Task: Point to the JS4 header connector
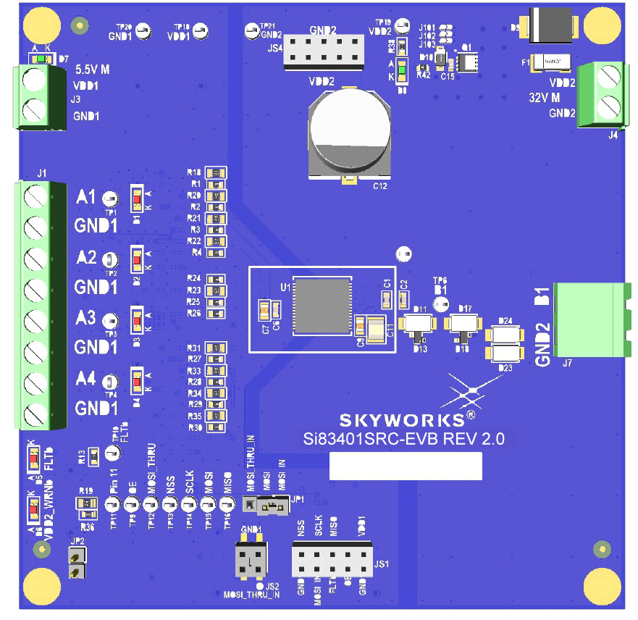click(322, 50)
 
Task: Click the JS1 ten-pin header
click(332, 559)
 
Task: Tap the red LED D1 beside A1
click(135, 198)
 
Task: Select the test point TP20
click(144, 32)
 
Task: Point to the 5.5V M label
click(93, 70)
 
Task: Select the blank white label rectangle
click(406, 466)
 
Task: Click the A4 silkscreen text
click(86, 378)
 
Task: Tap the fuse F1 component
click(552, 63)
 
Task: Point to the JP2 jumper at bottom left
click(75, 564)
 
